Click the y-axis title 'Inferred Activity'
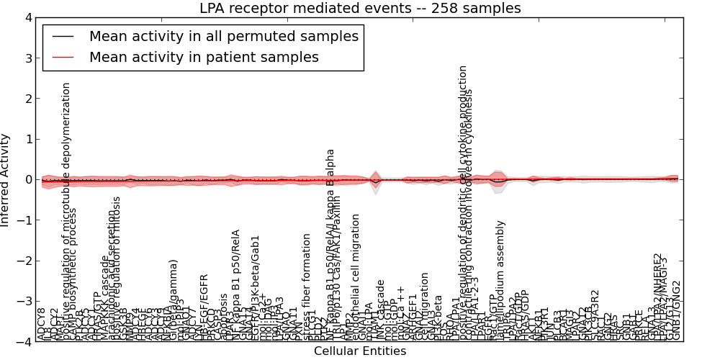6,179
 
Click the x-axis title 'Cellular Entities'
360,351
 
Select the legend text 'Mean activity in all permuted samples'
224,37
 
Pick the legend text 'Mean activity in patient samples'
204,58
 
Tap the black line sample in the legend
63,37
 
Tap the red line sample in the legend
63,58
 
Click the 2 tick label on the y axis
28,99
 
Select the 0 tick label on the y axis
28,179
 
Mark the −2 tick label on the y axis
25,261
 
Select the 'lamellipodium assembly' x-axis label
500,281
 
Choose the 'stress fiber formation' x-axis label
307,287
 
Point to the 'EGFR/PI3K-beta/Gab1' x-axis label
255,288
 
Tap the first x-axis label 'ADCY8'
41,325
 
